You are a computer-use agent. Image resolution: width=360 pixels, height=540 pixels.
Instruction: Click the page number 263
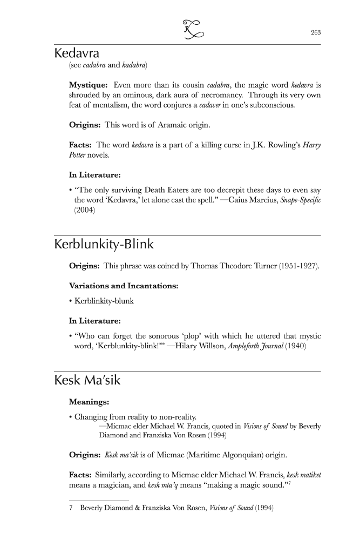point(316,32)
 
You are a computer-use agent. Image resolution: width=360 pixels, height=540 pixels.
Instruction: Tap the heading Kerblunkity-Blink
point(104,245)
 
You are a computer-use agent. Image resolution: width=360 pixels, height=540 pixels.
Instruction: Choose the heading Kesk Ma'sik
point(87,381)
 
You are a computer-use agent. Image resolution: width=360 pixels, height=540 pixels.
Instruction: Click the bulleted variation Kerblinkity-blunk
point(104,301)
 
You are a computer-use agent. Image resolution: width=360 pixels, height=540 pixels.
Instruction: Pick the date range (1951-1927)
point(299,266)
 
